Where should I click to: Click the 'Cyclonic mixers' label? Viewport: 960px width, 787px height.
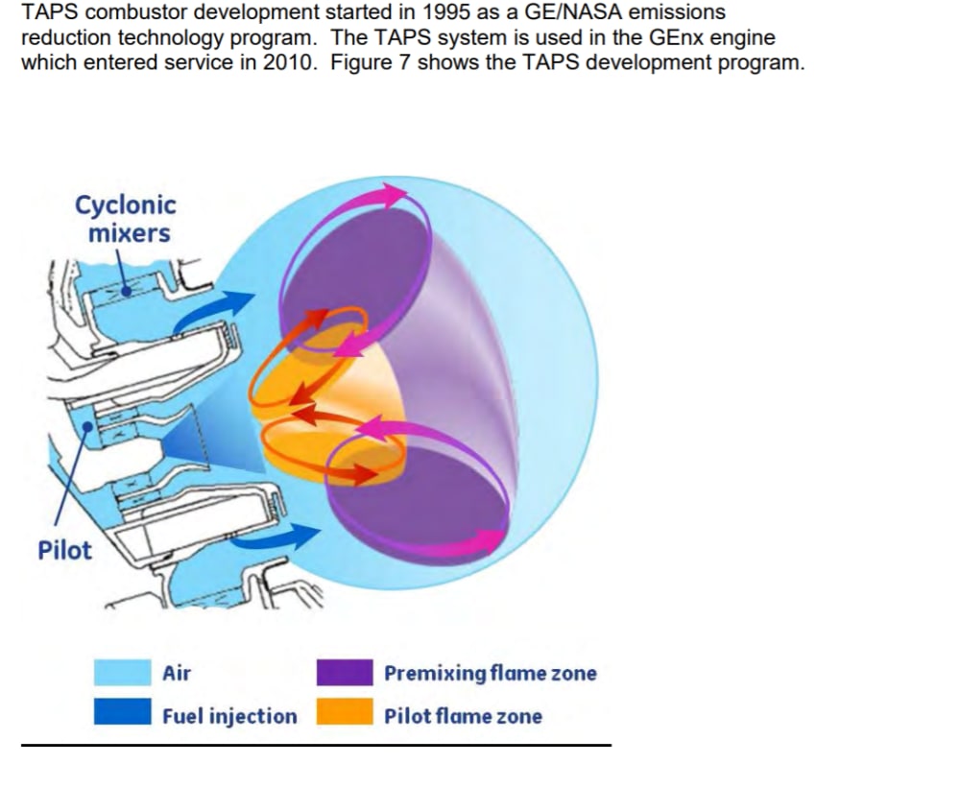click(x=126, y=219)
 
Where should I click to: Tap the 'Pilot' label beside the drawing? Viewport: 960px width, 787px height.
click(x=65, y=551)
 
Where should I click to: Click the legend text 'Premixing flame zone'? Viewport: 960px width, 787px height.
click(x=490, y=673)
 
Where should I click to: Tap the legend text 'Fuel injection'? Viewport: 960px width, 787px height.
click(x=229, y=716)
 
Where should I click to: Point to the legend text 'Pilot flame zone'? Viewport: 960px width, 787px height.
click(x=463, y=716)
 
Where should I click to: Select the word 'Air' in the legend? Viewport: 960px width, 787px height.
click(x=177, y=673)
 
